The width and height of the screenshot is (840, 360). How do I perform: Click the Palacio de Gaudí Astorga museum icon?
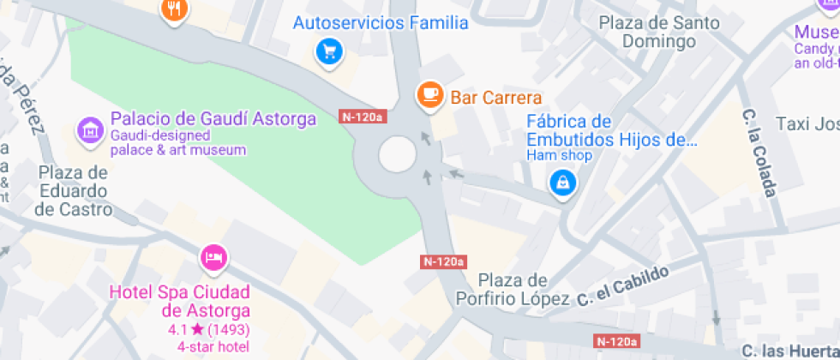(x=88, y=131)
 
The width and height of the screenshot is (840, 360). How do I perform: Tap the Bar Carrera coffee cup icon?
(x=429, y=93)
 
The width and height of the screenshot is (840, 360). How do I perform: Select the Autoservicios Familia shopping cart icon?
(x=327, y=51)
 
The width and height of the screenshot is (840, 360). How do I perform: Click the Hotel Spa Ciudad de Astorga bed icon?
(x=213, y=256)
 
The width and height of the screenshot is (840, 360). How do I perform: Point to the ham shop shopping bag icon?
(x=562, y=182)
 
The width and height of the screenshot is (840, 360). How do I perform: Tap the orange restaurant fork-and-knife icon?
(x=175, y=9)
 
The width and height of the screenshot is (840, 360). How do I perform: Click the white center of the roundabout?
(x=398, y=155)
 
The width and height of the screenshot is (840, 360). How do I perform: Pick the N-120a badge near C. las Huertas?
(x=616, y=341)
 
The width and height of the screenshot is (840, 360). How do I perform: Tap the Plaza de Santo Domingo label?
(x=659, y=32)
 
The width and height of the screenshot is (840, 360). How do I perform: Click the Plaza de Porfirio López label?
(x=523, y=290)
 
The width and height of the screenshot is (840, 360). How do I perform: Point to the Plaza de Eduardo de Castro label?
(x=74, y=190)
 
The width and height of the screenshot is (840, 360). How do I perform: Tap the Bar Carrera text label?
(x=496, y=98)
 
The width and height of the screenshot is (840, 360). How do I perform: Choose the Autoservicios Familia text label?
(x=381, y=23)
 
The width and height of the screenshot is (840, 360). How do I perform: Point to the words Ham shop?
(x=559, y=156)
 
